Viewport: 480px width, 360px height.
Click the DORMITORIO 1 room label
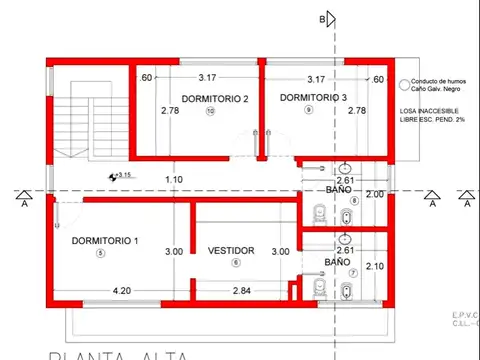[105, 241]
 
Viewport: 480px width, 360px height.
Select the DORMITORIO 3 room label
[313, 97]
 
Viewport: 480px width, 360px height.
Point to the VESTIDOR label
[231, 250]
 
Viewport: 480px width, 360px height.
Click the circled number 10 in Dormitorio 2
[210, 111]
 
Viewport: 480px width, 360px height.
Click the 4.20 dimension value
[122, 290]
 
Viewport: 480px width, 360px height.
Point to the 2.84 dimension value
[241, 290]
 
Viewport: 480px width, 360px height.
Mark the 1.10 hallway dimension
[173, 180]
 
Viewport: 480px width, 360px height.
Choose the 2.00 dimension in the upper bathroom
[375, 194]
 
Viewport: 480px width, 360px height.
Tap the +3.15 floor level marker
[122, 176]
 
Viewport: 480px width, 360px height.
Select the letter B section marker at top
[322, 19]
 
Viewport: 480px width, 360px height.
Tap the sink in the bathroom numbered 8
[345, 167]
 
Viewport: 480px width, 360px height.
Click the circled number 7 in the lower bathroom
[353, 272]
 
